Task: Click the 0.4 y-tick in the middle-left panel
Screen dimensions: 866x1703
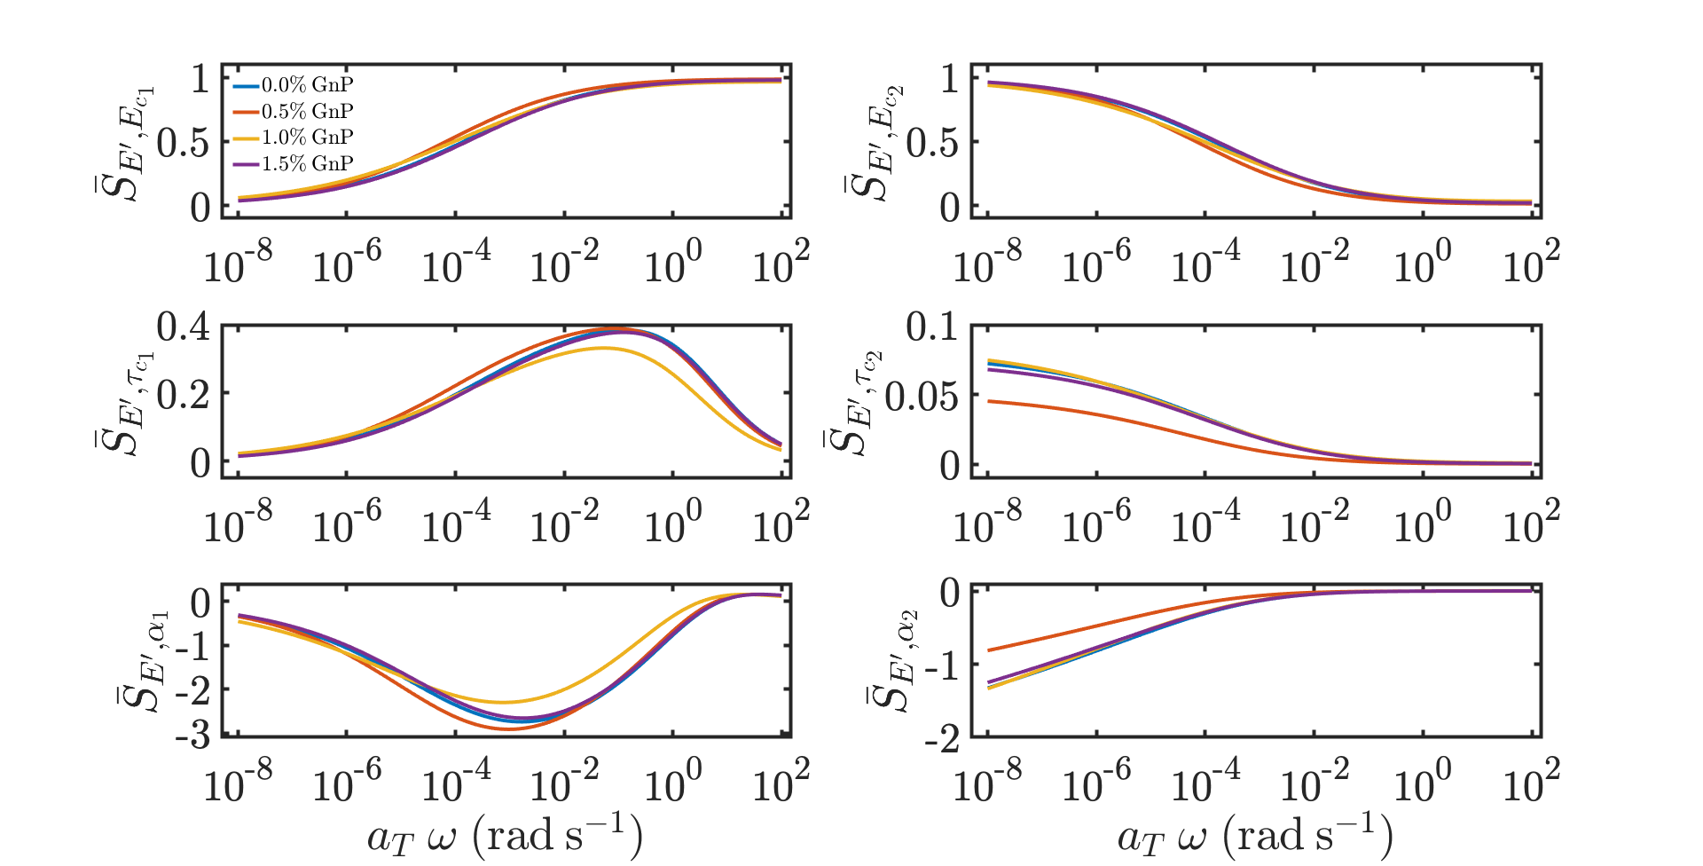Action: click(x=184, y=327)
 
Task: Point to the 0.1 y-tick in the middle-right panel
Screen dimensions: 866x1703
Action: click(x=932, y=327)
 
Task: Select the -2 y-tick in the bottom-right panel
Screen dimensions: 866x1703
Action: click(x=941, y=738)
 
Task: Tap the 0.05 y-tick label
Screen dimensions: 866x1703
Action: click(x=922, y=396)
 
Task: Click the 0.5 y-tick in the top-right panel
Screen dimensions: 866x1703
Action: click(x=932, y=142)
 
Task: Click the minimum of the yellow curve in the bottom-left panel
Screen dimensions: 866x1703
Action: click(x=502, y=702)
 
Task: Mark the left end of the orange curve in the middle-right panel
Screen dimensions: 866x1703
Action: click(x=989, y=401)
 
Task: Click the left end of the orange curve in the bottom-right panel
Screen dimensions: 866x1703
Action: click(x=989, y=650)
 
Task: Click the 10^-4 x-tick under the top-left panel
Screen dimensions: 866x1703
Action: click(x=455, y=264)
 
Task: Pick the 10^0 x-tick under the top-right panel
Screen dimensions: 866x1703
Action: click(x=1422, y=264)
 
